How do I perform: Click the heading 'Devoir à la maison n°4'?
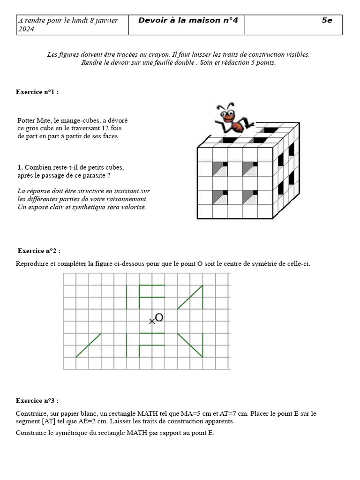pos(188,20)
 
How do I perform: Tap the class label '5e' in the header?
pos(327,20)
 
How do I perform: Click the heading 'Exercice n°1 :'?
pos(37,92)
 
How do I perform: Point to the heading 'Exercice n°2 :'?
pos(39,251)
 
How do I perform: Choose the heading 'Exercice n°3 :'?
pos(37,401)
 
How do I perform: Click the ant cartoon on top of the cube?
pos(232,119)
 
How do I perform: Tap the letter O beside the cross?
pos(159,318)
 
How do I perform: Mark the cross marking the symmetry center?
pos(151,321)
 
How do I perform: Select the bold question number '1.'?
pos(20,167)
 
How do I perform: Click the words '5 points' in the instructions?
pos(263,62)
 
